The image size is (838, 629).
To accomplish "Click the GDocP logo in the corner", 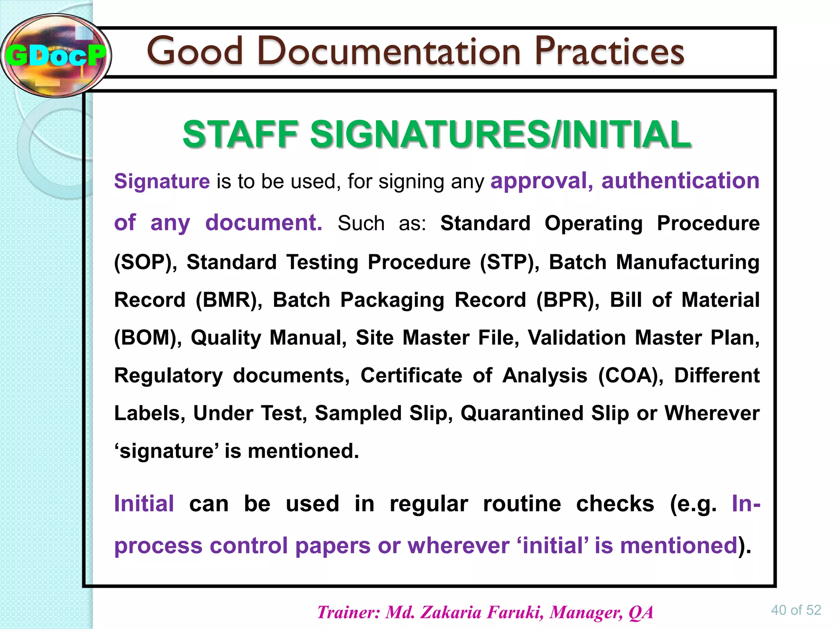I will [x=56, y=56].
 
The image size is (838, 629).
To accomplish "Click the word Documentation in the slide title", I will [x=389, y=52].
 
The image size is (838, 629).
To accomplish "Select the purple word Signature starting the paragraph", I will [x=162, y=181].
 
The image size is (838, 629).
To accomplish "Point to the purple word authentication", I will [x=680, y=181].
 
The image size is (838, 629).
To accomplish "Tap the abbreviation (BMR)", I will [x=229, y=300].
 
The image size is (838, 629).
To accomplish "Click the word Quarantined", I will [x=522, y=413].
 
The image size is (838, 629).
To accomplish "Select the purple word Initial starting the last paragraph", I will [x=144, y=504].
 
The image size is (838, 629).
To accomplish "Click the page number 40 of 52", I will [x=796, y=610].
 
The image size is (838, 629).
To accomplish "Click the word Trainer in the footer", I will [x=349, y=613].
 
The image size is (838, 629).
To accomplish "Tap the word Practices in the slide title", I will [x=609, y=52].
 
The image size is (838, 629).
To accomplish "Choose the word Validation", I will [x=577, y=338].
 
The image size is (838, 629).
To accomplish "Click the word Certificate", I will [x=411, y=376].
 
